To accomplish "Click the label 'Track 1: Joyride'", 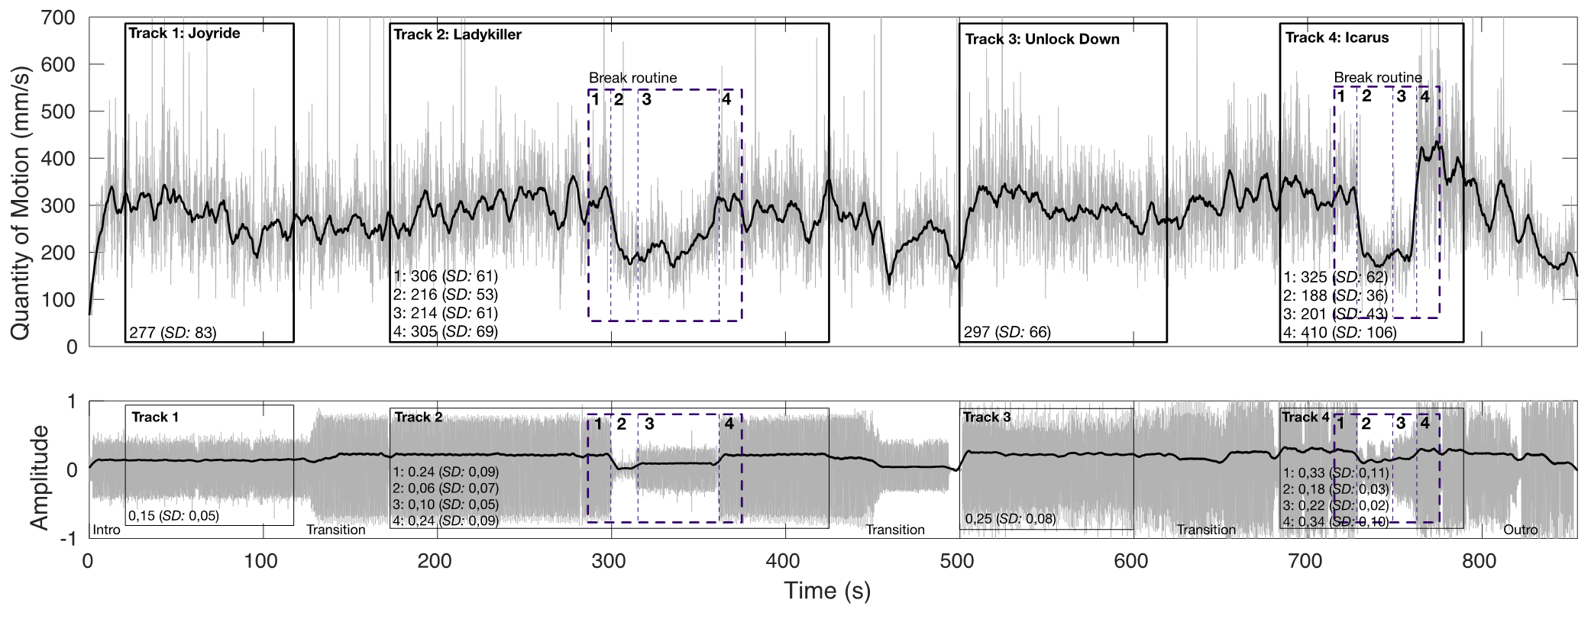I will (x=184, y=34).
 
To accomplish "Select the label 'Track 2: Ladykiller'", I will (x=458, y=34).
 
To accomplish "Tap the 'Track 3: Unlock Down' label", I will (x=1042, y=39).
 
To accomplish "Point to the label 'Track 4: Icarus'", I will (x=1337, y=37).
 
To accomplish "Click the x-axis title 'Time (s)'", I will (x=827, y=591).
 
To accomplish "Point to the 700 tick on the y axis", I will (x=59, y=18).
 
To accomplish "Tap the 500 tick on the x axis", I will (x=957, y=562).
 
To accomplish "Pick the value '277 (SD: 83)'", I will (x=173, y=333).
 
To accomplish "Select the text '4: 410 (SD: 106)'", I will (x=1340, y=333).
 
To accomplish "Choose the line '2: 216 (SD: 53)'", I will (x=445, y=295).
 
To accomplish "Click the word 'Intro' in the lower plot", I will (x=106, y=530).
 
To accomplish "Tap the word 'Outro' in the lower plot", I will (x=1520, y=530).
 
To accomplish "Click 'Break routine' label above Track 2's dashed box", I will (x=632, y=78).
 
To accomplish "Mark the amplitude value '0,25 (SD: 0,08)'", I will (x=1010, y=519).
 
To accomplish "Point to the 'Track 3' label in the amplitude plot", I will (x=987, y=417).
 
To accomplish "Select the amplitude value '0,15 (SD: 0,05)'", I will (x=173, y=516).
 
